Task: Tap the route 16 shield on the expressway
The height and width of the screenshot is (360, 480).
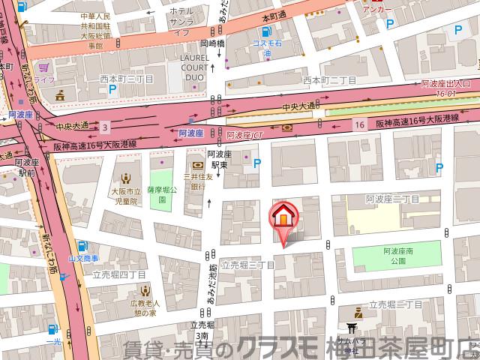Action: pyautogui.click(x=360, y=122)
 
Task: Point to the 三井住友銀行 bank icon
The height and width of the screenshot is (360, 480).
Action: pyautogui.click(x=197, y=164)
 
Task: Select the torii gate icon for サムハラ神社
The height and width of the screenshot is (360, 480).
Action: pyautogui.click(x=352, y=328)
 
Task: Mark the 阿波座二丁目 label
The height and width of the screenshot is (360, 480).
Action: pyautogui.click(x=392, y=199)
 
